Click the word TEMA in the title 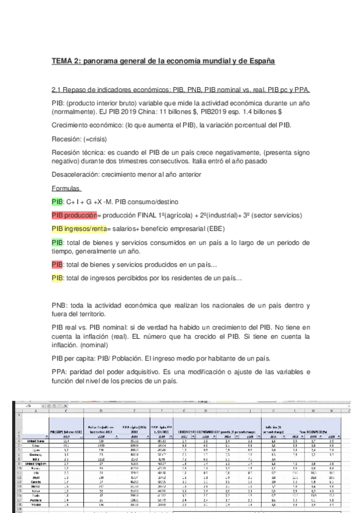[x=63, y=61]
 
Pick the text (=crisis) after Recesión [x=96, y=139]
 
